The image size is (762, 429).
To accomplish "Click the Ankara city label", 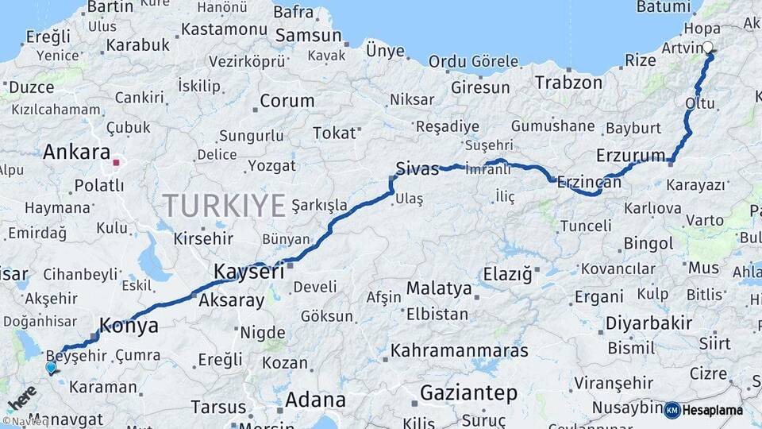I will [77, 152].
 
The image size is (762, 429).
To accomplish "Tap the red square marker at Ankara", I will [117, 163].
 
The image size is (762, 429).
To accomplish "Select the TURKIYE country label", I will [224, 206].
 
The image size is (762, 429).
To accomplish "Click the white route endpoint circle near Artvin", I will [708, 47].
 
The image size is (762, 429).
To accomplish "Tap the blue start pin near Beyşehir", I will [52, 367].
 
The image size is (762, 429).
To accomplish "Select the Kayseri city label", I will [248, 272].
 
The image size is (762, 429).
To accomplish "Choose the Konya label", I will [128, 325].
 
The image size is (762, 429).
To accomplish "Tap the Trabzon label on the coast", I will [568, 82].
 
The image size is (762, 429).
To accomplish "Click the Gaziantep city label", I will [468, 392].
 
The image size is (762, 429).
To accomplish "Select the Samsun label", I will [308, 37].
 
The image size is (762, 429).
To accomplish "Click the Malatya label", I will [439, 288].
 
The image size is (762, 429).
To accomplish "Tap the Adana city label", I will [315, 399].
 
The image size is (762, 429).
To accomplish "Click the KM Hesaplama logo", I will [704, 410].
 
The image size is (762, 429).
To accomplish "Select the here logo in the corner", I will [21, 398].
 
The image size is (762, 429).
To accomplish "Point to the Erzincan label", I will [590, 181].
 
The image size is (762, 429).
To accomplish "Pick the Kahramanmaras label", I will [459, 350].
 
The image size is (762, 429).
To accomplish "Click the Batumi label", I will [663, 7].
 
